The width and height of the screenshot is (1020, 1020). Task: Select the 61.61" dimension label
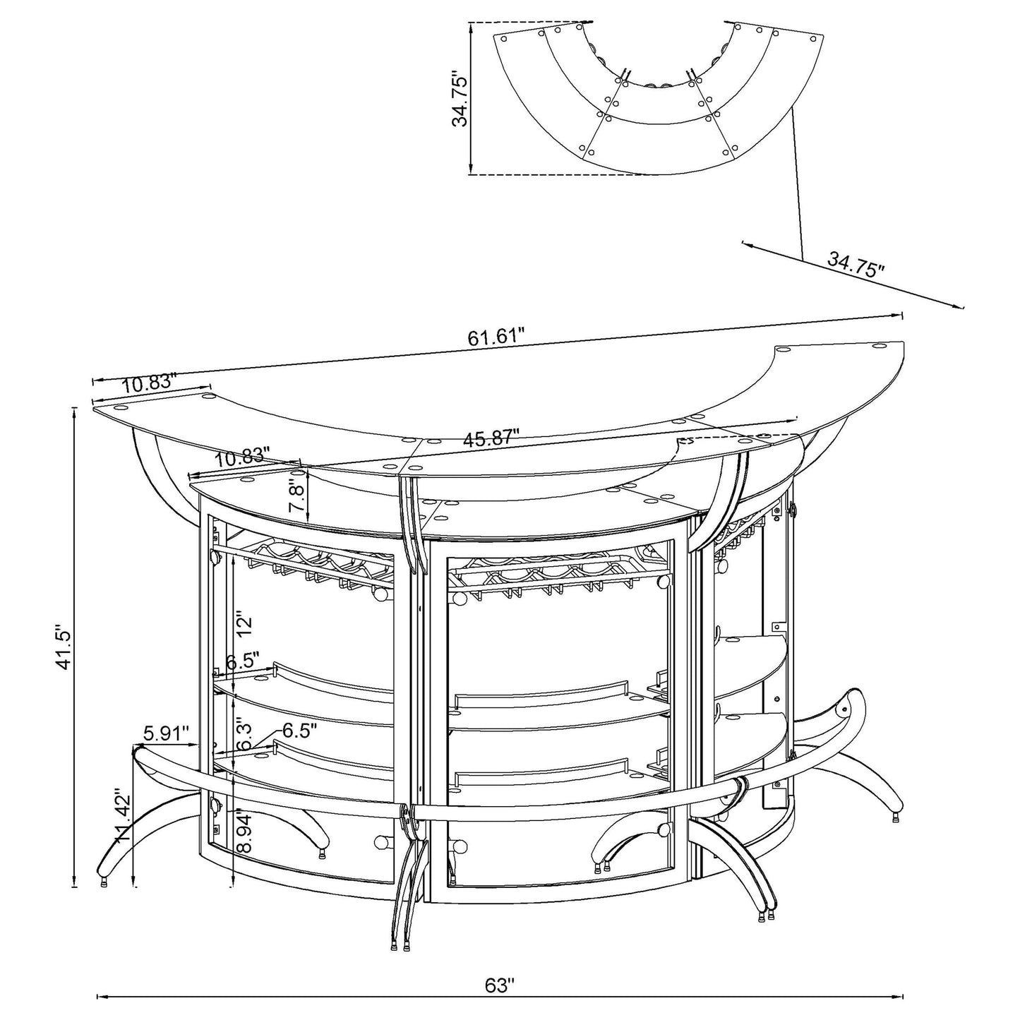point(496,336)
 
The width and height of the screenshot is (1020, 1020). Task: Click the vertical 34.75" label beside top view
point(460,97)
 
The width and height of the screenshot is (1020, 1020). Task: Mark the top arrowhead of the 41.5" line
point(75,411)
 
